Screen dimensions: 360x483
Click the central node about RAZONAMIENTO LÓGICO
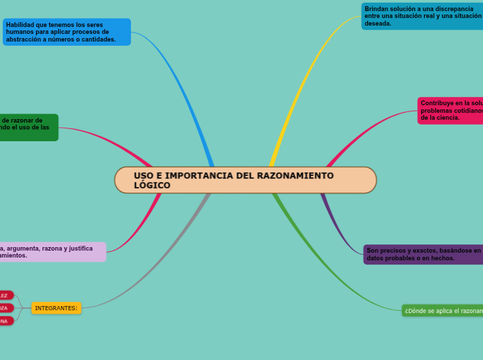pos(245,180)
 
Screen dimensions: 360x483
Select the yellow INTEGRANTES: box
pos(56,307)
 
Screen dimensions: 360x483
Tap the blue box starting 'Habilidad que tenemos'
pos(67,32)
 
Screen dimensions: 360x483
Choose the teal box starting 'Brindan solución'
pos(422,16)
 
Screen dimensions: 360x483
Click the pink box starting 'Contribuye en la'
pos(450,111)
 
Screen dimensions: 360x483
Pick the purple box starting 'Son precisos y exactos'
pos(423,254)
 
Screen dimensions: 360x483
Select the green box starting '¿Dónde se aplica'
pos(442,311)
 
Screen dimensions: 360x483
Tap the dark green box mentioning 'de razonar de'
pos(28,127)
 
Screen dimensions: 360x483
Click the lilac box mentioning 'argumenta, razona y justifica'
pos(52,251)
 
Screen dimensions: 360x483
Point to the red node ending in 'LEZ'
pos(6,295)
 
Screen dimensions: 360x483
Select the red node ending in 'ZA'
pos(6,307)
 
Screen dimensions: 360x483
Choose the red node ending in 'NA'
pos(6,321)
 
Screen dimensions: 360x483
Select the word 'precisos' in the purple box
pos(392,251)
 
